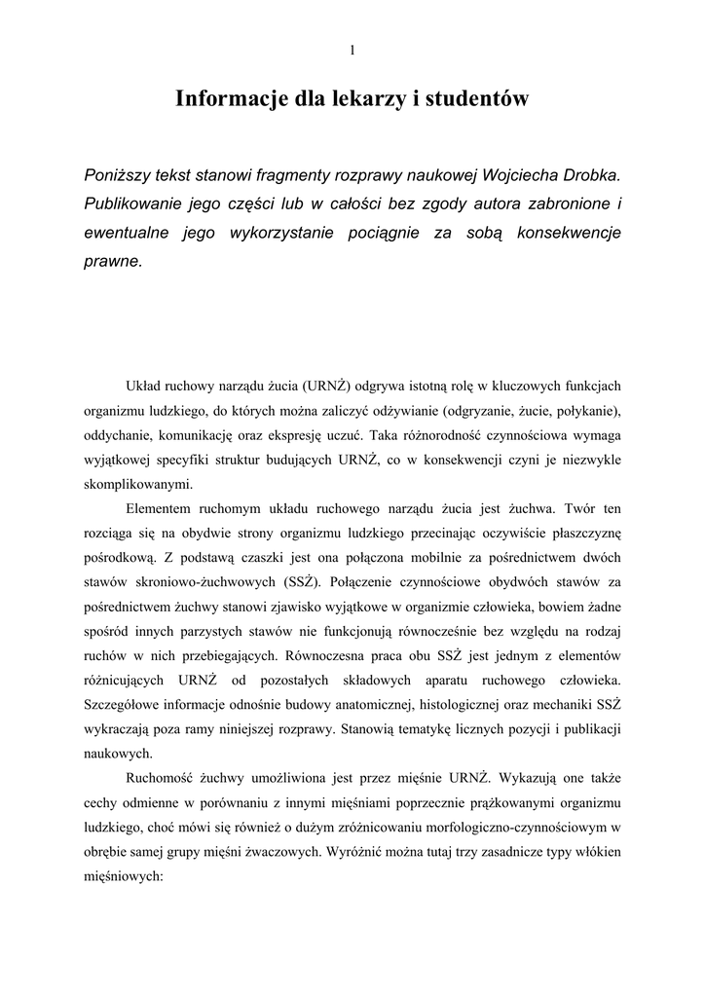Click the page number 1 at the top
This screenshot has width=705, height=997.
click(352, 51)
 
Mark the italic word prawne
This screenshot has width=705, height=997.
click(112, 261)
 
